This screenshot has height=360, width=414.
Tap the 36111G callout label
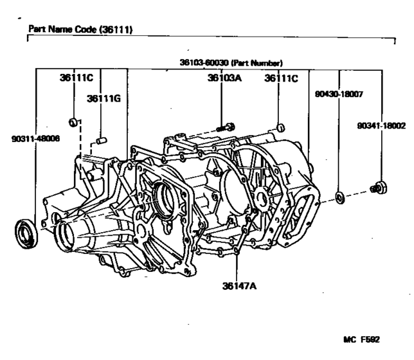(104, 98)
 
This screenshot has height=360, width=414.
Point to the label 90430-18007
(339, 94)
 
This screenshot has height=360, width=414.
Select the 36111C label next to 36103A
(282, 78)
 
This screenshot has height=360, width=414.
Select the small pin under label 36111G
(101, 139)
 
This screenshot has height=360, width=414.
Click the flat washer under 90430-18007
(340, 195)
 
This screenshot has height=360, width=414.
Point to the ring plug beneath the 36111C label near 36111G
(75, 121)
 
